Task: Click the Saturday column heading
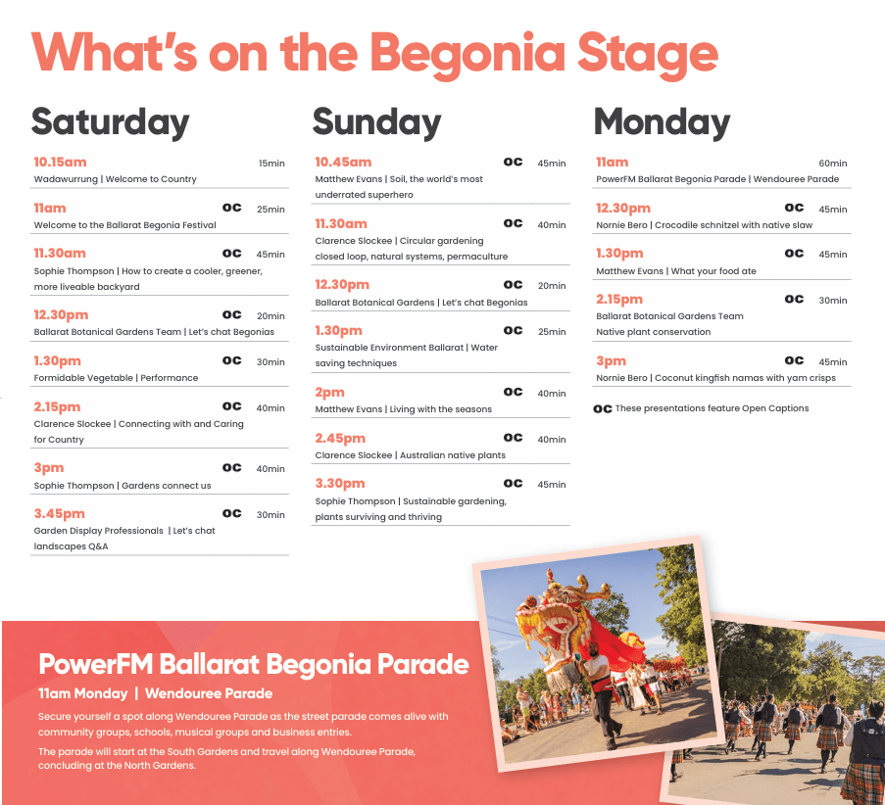[110, 122]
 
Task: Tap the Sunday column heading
[376, 122]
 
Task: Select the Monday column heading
[662, 122]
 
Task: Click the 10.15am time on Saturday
[60, 163]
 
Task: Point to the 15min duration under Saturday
[271, 164]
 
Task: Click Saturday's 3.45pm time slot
[59, 514]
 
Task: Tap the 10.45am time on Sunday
[343, 163]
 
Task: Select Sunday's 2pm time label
[329, 393]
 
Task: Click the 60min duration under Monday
[832, 164]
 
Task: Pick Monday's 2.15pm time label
[619, 300]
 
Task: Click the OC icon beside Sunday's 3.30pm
[513, 484]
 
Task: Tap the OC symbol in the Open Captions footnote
[602, 408]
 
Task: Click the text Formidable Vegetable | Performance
[116, 378]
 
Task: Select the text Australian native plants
[453, 455]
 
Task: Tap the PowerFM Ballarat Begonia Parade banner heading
[254, 664]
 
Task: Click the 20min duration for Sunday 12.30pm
[552, 286]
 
